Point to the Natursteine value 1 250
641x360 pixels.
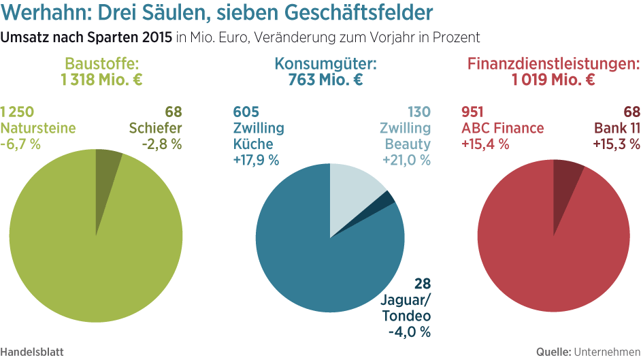(x=17, y=112)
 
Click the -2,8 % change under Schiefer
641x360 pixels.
(x=162, y=144)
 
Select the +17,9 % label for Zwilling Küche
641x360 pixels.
(x=256, y=160)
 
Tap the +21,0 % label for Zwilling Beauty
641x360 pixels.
(x=408, y=160)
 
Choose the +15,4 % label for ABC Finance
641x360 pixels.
(x=485, y=144)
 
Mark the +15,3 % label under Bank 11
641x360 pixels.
(x=617, y=144)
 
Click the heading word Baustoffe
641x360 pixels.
(x=102, y=65)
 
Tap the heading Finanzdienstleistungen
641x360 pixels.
(x=553, y=65)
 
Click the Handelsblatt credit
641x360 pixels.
(x=33, y=352)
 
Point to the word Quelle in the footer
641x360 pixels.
(x=553, y=352)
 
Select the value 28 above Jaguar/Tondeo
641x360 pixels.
(x=423, y=283)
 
